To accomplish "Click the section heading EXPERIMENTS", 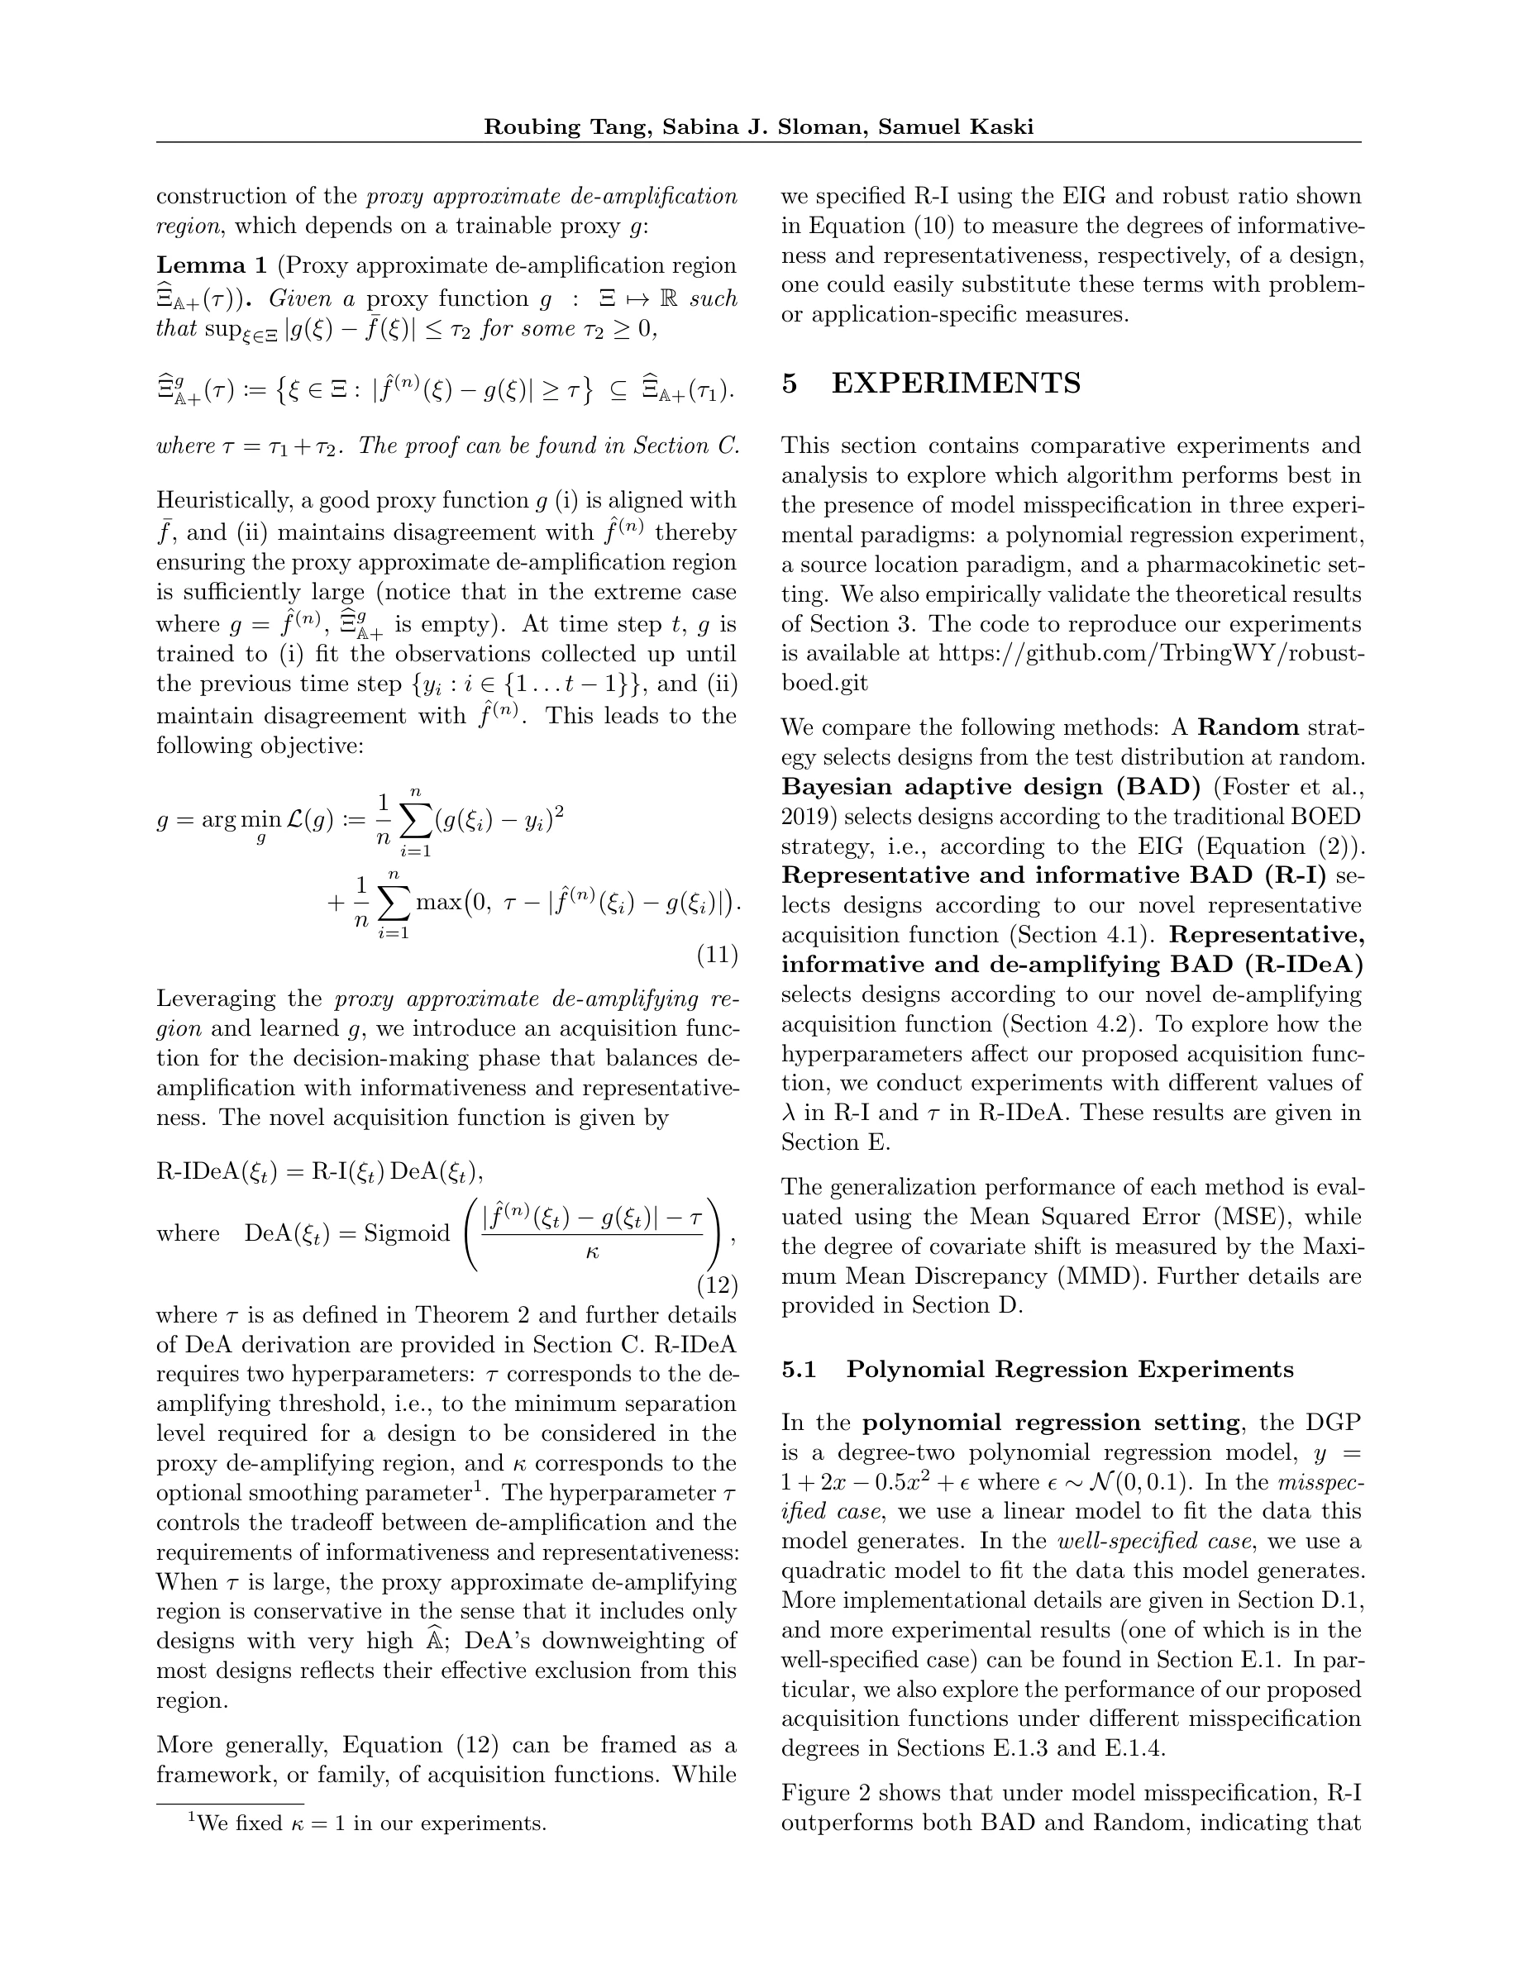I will [x=956, y=384].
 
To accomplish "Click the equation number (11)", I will [x=717, y=954].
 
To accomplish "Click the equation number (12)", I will [x=717, y=1285].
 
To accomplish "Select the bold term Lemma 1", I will [x=212, y=265].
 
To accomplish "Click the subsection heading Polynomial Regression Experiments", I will [x=1070, y=1369].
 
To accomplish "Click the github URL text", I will [x=1151, y=653].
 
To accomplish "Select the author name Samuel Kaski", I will [x=955, y=126].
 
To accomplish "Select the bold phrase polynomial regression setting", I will [x=1051, y=1423].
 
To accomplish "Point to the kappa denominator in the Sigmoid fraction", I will [x=592, y=1252].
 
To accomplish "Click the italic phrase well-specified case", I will [x=1155, y=1542].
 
